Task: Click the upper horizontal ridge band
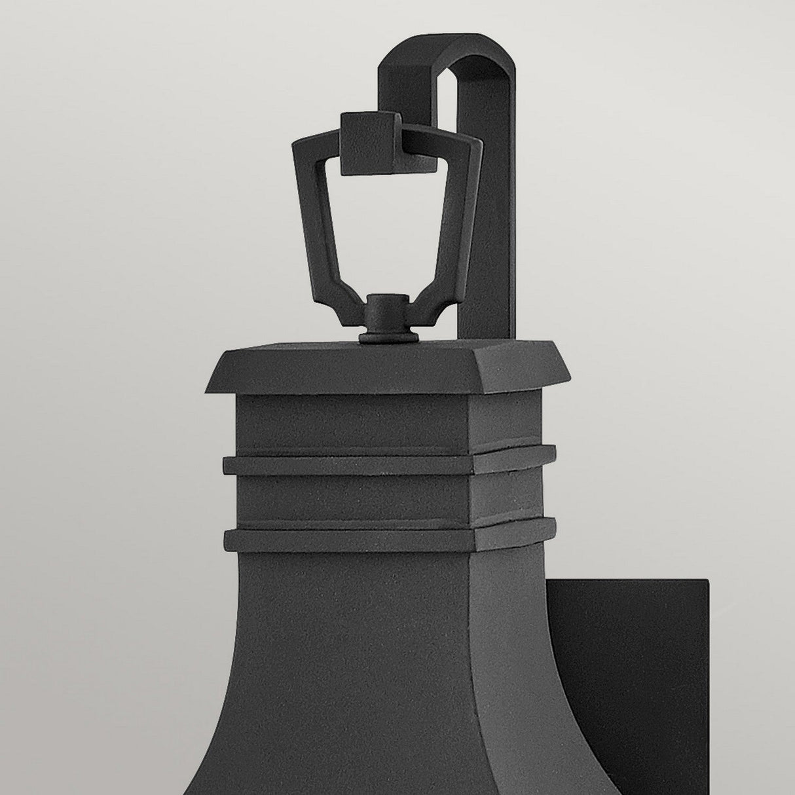(x=389, y=463)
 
